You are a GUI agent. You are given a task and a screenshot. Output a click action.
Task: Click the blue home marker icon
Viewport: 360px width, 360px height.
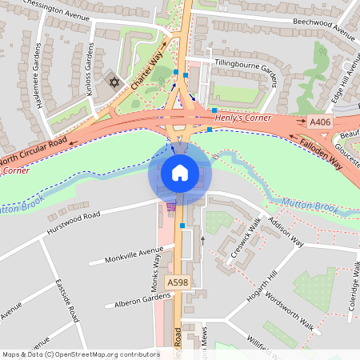pos(180,172)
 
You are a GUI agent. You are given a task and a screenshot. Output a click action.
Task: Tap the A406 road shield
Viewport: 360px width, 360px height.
pos(320,122)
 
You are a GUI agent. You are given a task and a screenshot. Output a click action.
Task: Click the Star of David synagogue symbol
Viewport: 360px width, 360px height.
pos(114,82)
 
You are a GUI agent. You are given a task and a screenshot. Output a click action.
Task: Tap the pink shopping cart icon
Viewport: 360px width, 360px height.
pos(170,206)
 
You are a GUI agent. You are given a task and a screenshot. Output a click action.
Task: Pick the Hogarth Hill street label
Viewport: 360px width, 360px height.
pos(264,292)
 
